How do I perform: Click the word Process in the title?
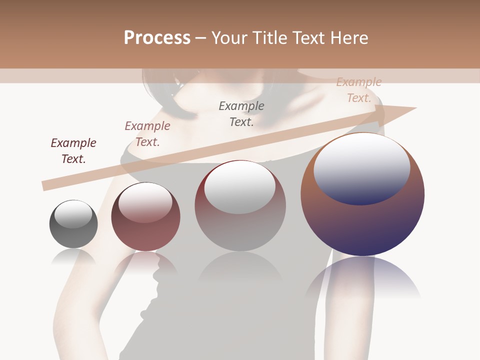157,38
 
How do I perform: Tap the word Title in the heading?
268,38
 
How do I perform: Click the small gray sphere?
73,224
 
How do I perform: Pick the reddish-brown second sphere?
145,217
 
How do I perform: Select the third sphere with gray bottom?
240,205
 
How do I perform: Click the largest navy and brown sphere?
362,194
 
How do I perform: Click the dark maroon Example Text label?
73,151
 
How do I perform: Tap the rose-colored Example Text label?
147,134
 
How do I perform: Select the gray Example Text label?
241,113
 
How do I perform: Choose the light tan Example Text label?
359,90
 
